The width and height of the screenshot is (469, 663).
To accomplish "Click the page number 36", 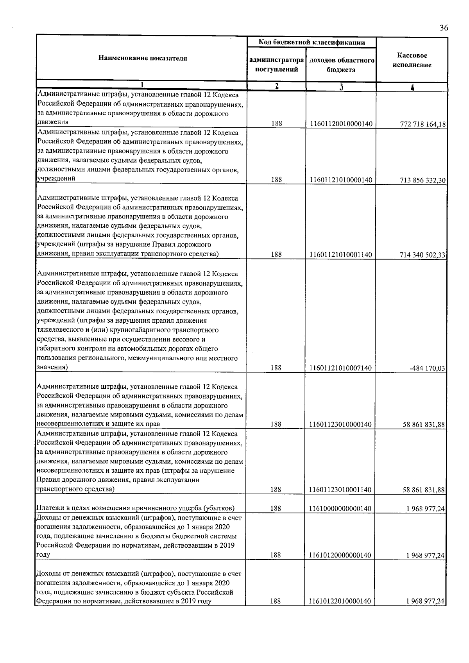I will (444, 28).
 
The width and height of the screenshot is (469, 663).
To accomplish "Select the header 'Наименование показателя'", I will (143, 59).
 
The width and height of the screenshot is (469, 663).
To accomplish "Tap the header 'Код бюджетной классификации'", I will (311, 42).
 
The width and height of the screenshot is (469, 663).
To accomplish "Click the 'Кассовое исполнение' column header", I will (412, 60).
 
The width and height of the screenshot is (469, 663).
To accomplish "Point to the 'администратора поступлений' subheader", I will (276, 65).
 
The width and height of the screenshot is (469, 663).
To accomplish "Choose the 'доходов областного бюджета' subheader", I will (341, 65).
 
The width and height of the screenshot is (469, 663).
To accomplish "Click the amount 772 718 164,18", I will (423, 124).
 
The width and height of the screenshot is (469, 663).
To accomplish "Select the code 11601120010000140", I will (340, 124).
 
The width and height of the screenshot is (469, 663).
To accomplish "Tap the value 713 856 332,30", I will (423, 180).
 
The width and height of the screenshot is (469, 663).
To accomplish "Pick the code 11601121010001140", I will (340, 255).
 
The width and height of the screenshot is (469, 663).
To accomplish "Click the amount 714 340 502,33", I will (423, 255).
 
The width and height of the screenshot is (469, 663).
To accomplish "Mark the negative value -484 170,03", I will (427, 368).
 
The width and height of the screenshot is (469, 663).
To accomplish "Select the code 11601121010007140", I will (340, 368).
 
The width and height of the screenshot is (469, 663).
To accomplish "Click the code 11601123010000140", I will (340, 424).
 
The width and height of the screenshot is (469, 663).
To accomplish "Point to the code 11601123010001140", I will (340, 490).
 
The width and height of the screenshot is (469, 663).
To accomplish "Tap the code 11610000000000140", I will (340, 509).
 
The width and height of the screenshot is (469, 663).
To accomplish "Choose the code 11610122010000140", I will (340, 612).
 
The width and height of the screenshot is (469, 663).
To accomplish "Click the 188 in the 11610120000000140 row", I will (276, 555).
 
